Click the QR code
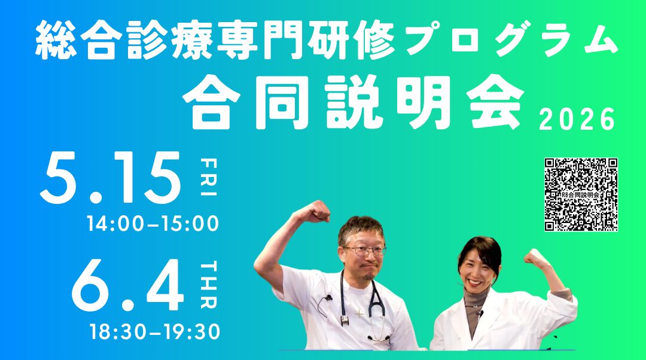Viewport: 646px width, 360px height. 580,194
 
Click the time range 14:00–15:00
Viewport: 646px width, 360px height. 153,224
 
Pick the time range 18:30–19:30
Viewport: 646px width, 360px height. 156,331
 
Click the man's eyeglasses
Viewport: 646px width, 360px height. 365,251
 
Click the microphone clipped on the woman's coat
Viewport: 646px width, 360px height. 480,312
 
